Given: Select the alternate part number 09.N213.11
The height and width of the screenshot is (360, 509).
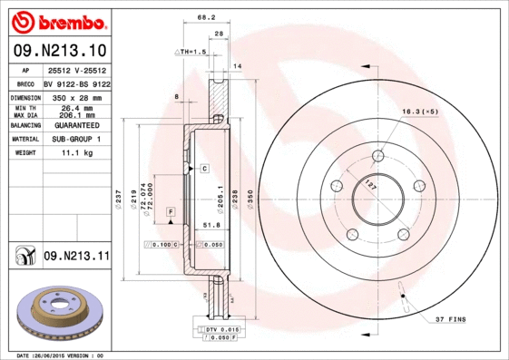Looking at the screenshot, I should tap(75, 257).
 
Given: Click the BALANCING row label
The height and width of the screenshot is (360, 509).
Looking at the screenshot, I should tap(24, 125).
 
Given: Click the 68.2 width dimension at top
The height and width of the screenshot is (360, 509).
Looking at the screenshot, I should tap(206, 17).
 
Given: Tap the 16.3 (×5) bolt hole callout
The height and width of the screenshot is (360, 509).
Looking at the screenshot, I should tap(420, 112).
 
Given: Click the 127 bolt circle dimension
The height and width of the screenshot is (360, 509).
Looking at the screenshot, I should tap(370, 183).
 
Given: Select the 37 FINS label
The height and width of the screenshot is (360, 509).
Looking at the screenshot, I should tap(452, 320).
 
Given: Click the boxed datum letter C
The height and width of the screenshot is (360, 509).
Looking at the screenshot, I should tap(204, 169).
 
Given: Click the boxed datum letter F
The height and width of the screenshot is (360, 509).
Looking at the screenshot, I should tap(170, 211).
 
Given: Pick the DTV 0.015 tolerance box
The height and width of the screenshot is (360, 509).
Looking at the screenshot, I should tap(220, 328).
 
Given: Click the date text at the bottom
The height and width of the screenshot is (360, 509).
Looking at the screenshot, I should tap(62, 355).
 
